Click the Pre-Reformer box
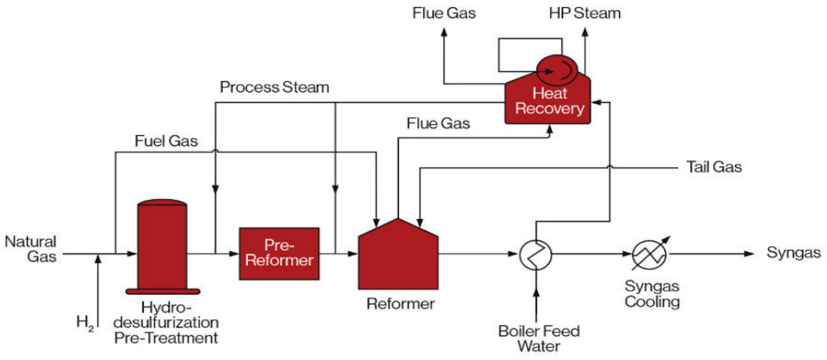click(279, 254)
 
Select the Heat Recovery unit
click(549, 101)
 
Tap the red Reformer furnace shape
click(398, 257)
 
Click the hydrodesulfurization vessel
click(162, 247)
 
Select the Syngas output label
click(793, 253)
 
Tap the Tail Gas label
click(714, 167)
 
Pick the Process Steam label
click(274, 87)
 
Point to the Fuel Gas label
click(166, 141)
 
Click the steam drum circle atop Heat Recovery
click(557, 70)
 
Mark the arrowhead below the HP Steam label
click(585, 32)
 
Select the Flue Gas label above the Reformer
click(438, 124)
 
